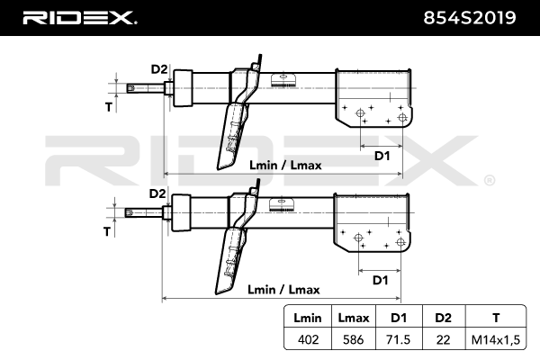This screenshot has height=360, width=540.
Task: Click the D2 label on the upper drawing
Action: click(x=159, y=69)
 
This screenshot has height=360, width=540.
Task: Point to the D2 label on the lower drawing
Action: click(x=157, y=193)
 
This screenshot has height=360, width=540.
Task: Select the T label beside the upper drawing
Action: click(x=108, y=107)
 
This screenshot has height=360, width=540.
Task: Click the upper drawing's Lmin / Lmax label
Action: click(x=284, y=166)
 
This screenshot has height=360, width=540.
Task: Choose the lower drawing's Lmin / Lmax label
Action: click(x=282, y=290)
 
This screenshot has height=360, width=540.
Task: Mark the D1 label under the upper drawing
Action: click(x=382, y=156)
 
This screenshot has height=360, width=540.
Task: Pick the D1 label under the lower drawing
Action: click(x=380, y=280)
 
